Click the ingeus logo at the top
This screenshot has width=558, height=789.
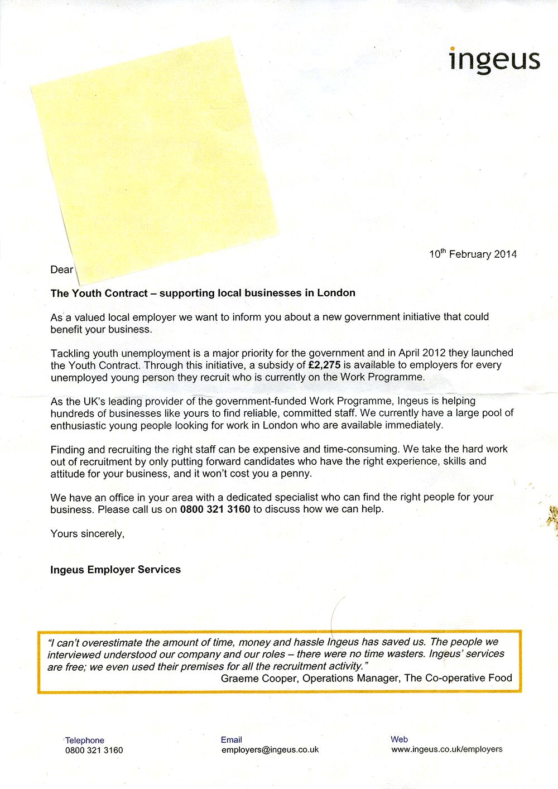tap(494, 60)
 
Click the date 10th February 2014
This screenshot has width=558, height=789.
tap(473, 254)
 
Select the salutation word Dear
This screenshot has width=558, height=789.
tap(61, 270)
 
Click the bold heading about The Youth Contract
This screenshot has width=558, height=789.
tap(203, 293)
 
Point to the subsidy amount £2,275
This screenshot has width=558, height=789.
tap(324, 365)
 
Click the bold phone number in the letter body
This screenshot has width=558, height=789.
tap(215, 509)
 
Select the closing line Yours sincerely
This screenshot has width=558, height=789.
tap(87, 533)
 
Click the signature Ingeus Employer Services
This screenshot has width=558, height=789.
tap(116, 570)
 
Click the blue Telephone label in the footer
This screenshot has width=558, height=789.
tap(85, 740)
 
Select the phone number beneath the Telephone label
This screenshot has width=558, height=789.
tap(94, 750)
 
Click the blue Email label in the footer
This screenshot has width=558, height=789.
tap(231, 739)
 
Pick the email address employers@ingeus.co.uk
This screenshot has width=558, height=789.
tap(270, 750)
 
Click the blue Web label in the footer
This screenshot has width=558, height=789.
tap(399, 739)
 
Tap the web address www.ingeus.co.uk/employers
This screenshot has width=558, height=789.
tap(446, 749)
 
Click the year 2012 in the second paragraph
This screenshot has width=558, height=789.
tap(434, 353)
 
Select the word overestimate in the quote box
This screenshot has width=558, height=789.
tap(113, 642)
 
